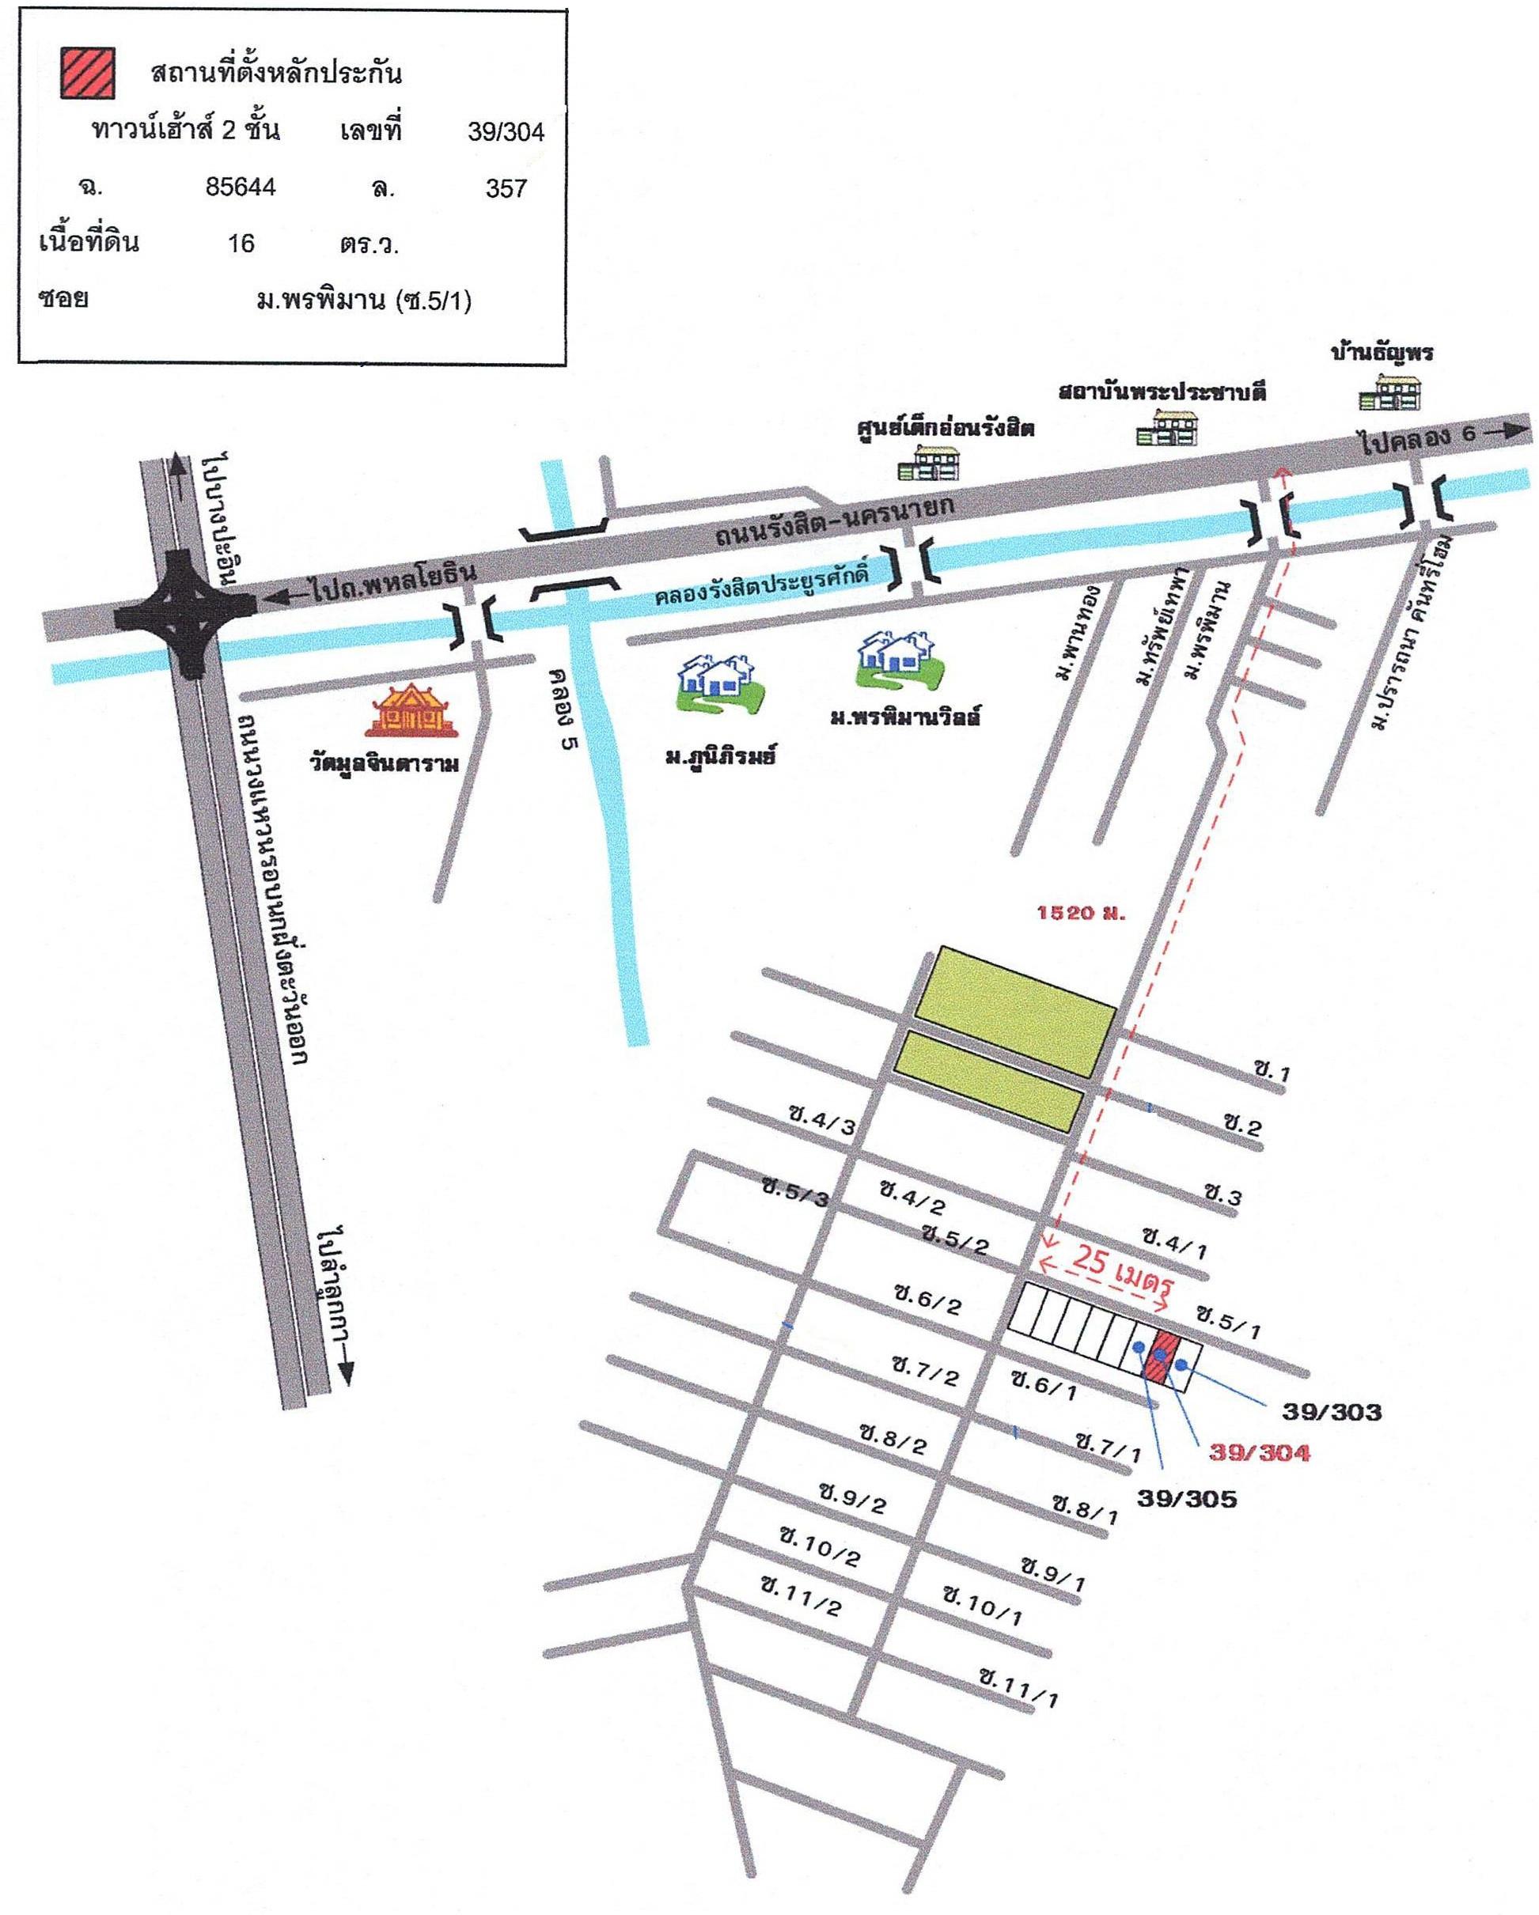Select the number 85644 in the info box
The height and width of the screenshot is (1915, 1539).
(240, 187)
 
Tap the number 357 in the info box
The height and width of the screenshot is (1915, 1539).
(506, 188)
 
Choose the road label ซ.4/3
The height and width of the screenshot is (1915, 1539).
(822, 1120)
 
